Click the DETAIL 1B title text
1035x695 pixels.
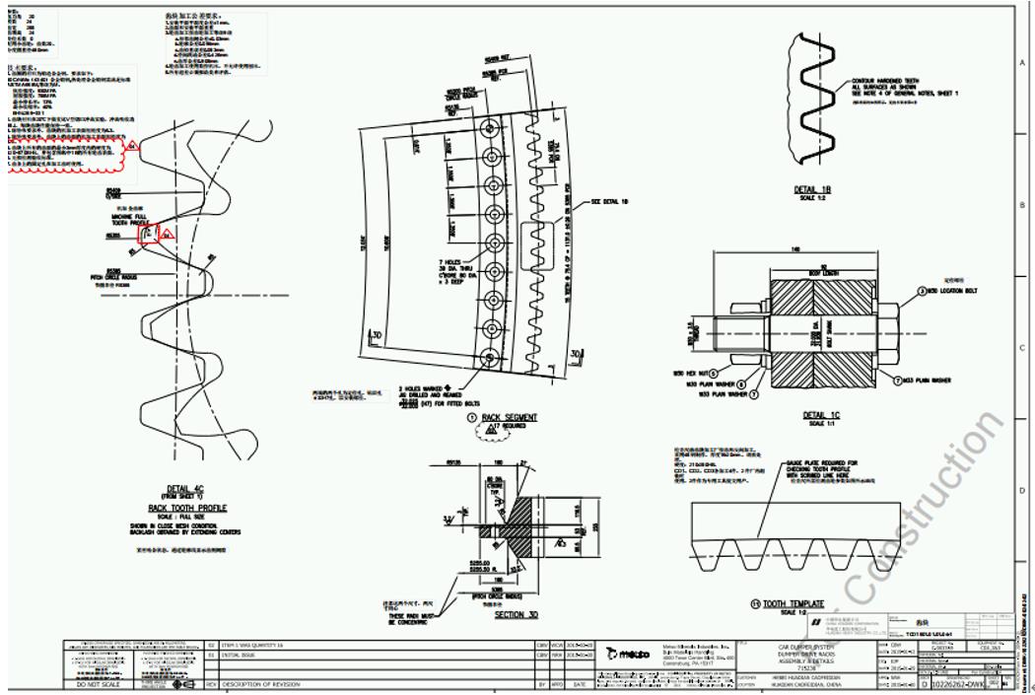tap(813, 189)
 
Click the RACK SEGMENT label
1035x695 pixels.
tap(516, 417)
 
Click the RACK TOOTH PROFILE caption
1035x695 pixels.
tap(186, 508)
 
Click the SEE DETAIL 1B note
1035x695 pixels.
tap(610, 201)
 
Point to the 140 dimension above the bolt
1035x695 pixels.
tap(793, 249)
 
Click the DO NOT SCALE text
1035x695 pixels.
tap(100, 683)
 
